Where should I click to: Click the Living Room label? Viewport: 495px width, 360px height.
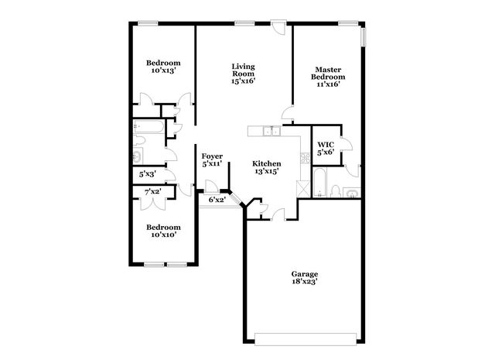(x=244, y=72)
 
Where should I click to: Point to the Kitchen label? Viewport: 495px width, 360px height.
(x=266, y=164)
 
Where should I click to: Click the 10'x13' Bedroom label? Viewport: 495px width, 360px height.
(x=163, y=67)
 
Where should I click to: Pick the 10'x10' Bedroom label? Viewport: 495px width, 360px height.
(x=163, y=231)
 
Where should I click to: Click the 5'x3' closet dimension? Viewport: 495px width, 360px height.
(x=148, y=174)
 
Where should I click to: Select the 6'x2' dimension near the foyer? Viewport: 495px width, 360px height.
(x=217, y=200)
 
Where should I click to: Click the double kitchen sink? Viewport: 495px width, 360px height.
(x=270, y=132)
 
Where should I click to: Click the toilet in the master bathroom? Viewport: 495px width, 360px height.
(x=334, y=190)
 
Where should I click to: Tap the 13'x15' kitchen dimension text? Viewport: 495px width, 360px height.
(x=266, y=173)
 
